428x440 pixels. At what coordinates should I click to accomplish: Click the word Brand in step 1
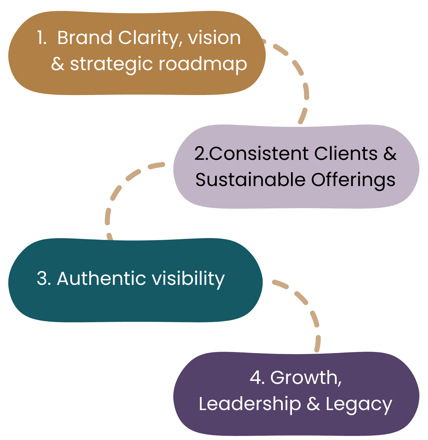[x=85, y=38]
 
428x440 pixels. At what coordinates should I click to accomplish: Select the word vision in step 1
[x=214, y=38]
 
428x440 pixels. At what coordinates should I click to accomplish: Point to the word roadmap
[x=203, y=64]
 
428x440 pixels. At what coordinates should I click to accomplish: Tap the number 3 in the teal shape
[x=42, y=279]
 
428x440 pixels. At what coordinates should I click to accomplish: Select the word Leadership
[x=250, y=404]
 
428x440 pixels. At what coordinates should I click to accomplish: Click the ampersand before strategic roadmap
[x=58, y=64]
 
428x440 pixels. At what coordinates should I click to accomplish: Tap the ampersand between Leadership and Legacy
[x=313, y=404]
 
